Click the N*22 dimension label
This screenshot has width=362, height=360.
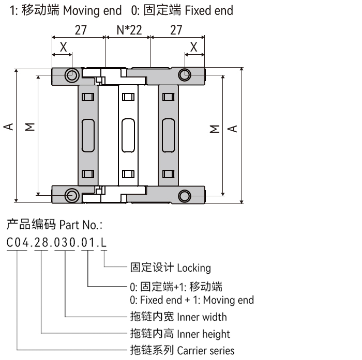coord(128,30)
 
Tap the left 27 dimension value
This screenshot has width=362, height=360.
coord(80,30)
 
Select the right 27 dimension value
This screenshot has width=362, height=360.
coord(176,30)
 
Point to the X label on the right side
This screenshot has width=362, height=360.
coord(194,47)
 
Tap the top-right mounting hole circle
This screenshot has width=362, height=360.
coord(184,75)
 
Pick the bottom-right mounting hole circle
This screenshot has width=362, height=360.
coord(184,195)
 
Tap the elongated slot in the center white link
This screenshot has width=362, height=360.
coord(128,135)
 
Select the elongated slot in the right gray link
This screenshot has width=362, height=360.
coord(168,135)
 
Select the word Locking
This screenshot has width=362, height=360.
coord(196,268)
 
